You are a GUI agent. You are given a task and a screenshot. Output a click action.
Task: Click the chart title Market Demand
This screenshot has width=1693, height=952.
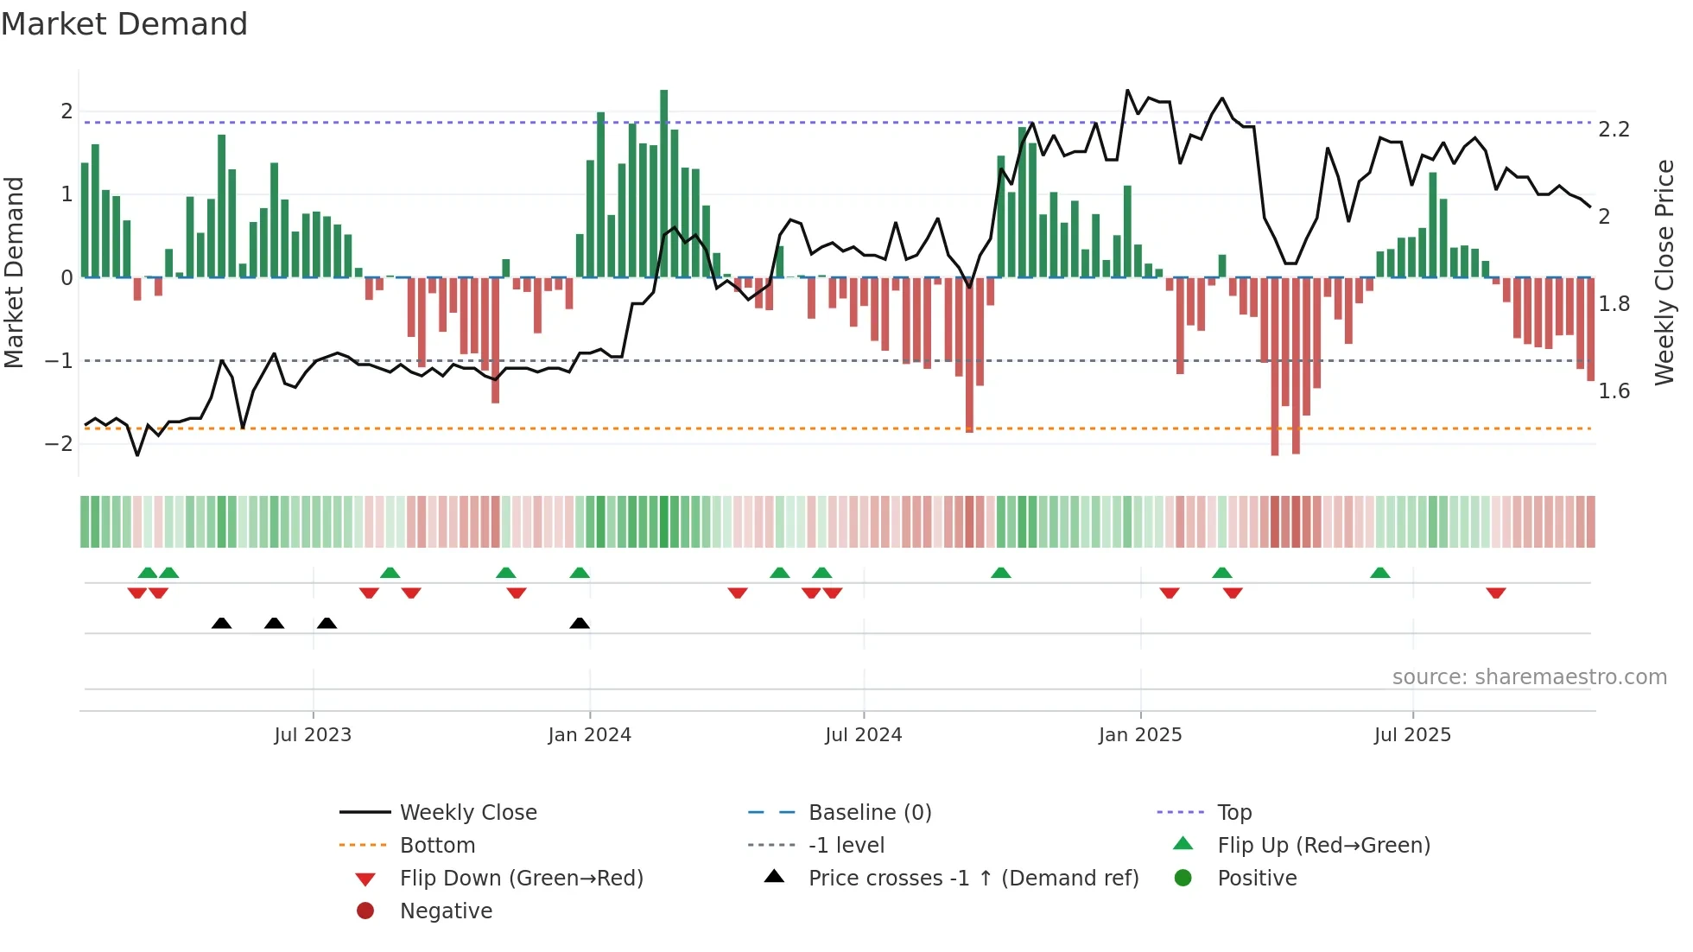point(124,24)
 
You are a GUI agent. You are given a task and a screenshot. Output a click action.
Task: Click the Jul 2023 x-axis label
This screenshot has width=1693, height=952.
point(313,735)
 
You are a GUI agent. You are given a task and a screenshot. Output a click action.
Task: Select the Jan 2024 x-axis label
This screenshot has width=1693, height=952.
point(589,735)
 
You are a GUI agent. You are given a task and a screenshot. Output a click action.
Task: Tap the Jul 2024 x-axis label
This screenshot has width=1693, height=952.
point(863,735)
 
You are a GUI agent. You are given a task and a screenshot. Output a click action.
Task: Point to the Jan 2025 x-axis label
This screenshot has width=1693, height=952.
point(1139,735)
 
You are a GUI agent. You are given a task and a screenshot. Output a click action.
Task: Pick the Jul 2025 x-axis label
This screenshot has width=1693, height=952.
point(1412,735)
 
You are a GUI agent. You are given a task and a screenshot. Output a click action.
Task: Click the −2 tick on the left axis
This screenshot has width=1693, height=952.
point(59,444)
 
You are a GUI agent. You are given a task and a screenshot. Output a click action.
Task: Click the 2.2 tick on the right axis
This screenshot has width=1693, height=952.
point(1614,130)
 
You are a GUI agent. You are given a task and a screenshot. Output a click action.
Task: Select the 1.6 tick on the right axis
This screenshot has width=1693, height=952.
point(1614,391)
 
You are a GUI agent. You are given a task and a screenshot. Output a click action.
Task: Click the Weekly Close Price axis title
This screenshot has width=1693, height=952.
point(1664,272)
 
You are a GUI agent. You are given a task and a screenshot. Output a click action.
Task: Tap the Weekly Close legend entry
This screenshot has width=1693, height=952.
point(467,813)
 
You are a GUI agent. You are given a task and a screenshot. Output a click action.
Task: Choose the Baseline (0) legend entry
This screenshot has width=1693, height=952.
point(869,813)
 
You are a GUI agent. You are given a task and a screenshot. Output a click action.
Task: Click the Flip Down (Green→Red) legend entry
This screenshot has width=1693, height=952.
point(521,879)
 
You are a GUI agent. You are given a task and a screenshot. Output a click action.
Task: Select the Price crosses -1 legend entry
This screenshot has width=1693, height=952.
point(973,879)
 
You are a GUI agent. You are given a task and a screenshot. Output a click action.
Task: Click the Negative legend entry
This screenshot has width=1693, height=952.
point(446,911)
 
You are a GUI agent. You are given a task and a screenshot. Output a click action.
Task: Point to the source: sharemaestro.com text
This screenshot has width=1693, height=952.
point(1529,677)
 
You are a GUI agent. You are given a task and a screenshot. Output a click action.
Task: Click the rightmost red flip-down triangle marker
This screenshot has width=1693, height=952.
point(1496,593)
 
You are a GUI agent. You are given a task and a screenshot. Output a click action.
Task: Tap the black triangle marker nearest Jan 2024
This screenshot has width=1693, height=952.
point(580,623)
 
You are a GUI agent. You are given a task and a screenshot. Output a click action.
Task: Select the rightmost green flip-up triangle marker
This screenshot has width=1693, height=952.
point(1380,573)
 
